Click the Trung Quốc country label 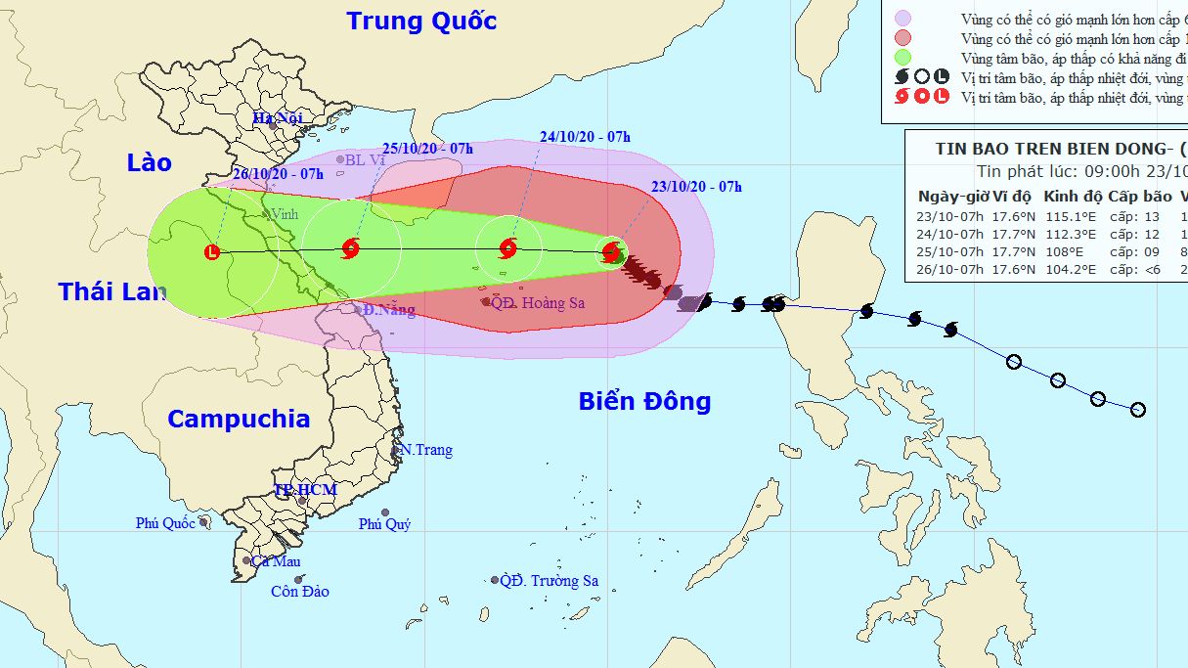point(421,21)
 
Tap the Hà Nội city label point(279,118)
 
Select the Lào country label point(149,162)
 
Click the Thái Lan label point(111,290)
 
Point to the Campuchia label point(239,419)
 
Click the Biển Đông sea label point(644,401)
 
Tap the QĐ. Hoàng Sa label point(537,303)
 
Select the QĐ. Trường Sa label point(549,581)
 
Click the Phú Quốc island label point(165,523)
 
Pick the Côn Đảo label point(300,592)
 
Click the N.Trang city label point(426,450)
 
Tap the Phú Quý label point(384,524)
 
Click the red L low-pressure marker point(212,252)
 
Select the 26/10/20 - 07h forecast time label point(279,174)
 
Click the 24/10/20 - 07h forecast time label point(585,137)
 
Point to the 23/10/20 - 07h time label point(696,187)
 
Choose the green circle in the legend point(903,57)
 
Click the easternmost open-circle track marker point(1137,410)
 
